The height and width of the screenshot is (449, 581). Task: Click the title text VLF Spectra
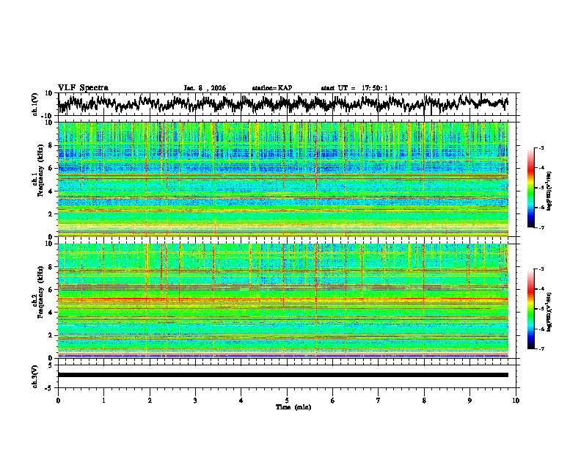tap(83, 87)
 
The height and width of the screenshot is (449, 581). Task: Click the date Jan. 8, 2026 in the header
tap(205, 88)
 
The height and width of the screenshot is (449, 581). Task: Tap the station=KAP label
tap(271, 88)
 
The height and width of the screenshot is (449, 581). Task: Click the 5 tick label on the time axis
tap(287, 400)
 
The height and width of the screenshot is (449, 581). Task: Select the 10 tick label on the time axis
tap(516, 400)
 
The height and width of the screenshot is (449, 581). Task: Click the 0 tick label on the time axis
tap(58, 400)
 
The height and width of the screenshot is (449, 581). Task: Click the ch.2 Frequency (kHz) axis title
tap(37, 300)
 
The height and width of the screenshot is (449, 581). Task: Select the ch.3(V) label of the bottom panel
tap(35, 374)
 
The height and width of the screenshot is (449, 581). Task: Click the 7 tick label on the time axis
tap(379, 400)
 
